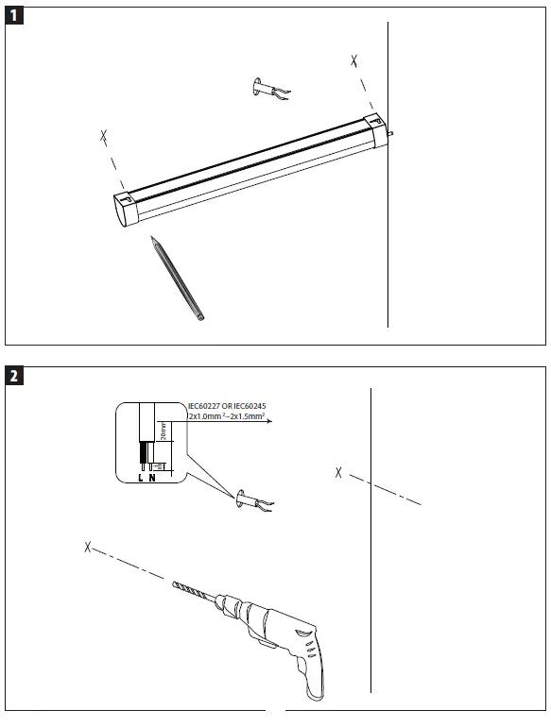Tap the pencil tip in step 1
click(152, 241)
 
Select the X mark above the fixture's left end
click(103, 138)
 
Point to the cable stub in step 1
click(268, 91)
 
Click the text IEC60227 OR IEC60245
click(226, 407)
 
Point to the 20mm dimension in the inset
click(164, 433)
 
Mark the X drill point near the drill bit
click(87, 547)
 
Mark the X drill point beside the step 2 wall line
click(338, 472)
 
